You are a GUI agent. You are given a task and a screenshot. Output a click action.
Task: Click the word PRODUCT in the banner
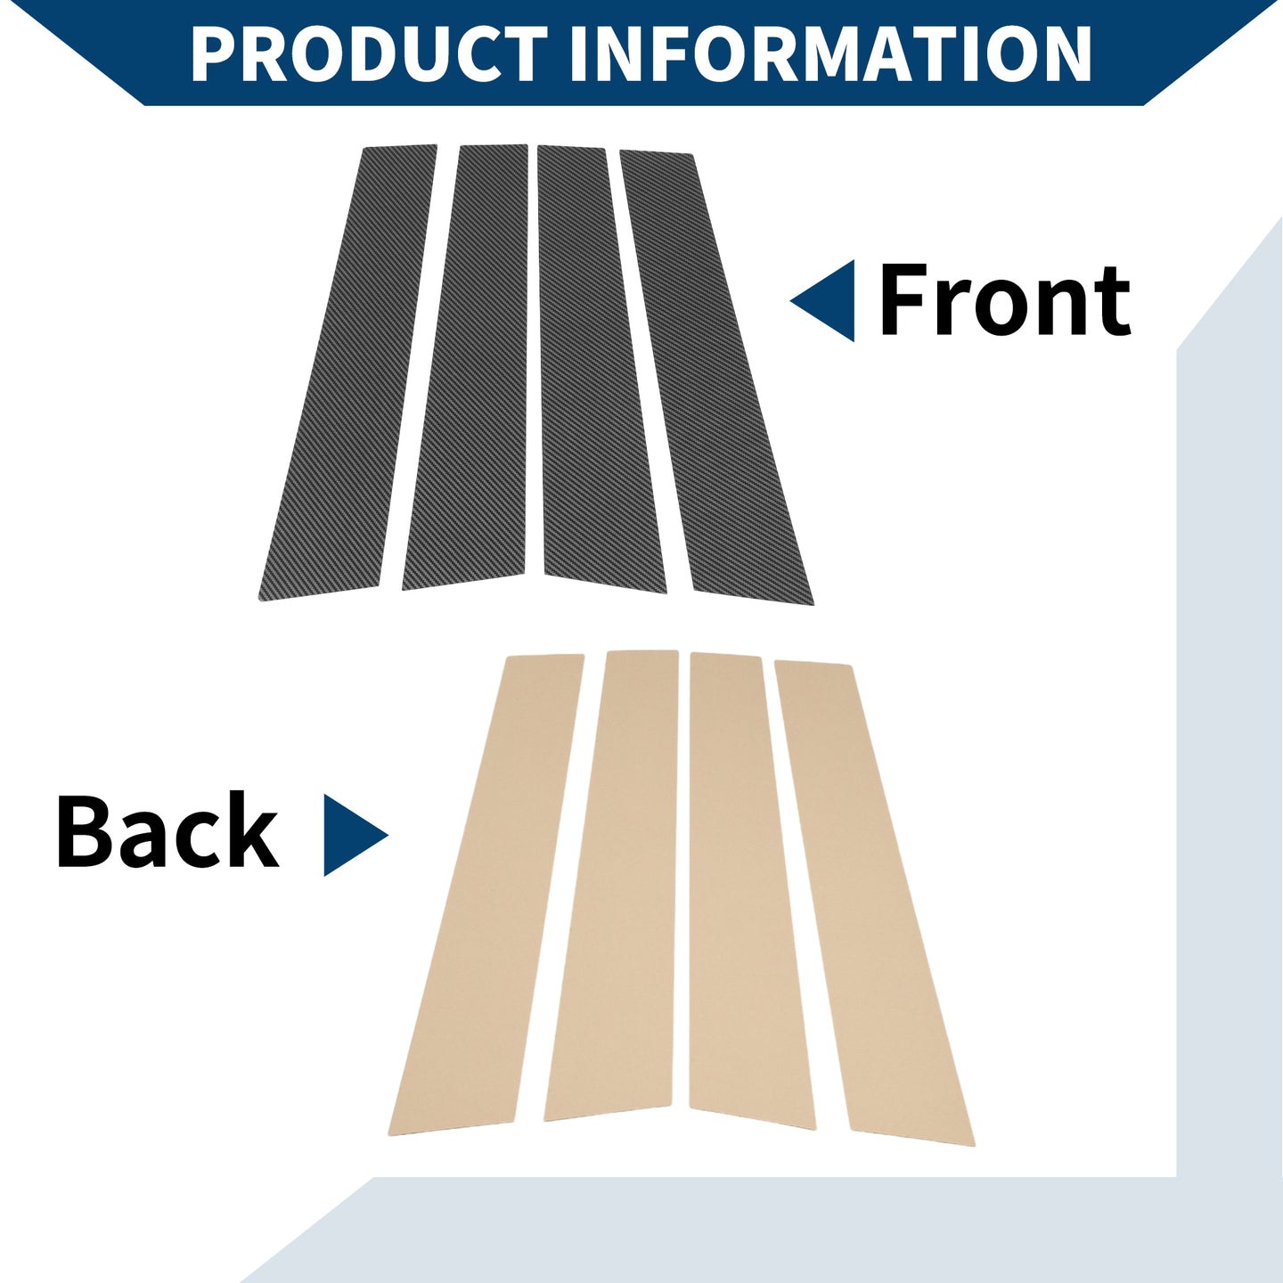tap(370, 53)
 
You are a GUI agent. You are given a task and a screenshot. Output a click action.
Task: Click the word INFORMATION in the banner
tap(831, 53)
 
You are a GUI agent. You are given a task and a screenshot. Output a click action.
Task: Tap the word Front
tap(1005, 299)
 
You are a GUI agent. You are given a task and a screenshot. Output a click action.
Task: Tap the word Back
tap(168, 831)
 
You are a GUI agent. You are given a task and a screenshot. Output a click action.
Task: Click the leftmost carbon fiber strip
tap(347, 372)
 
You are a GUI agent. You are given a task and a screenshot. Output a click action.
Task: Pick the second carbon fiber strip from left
tap(466, 367)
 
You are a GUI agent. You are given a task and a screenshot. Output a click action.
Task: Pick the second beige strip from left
tap(612, 886)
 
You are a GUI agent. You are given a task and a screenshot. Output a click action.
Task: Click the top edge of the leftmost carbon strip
tap(399, 146)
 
